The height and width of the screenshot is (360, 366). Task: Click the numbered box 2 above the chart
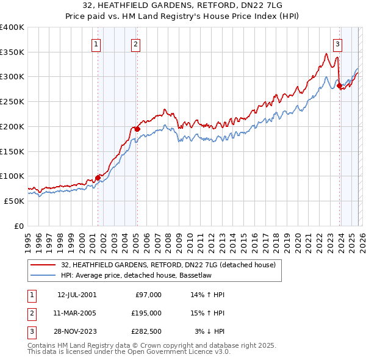click(135, 43)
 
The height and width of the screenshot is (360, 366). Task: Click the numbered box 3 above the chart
click(337, 43)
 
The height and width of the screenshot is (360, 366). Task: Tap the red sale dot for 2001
click(98, 178)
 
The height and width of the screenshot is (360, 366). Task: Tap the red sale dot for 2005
click(137, 129)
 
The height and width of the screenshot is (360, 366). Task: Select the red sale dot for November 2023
click(339, 85)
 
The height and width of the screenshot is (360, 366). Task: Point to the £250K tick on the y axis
click(12, 101)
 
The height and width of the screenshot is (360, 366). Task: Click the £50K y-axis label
click(14, 201)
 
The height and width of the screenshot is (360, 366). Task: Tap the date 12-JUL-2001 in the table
click(76, 295)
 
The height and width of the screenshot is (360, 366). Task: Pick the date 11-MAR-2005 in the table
click(76, 313)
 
